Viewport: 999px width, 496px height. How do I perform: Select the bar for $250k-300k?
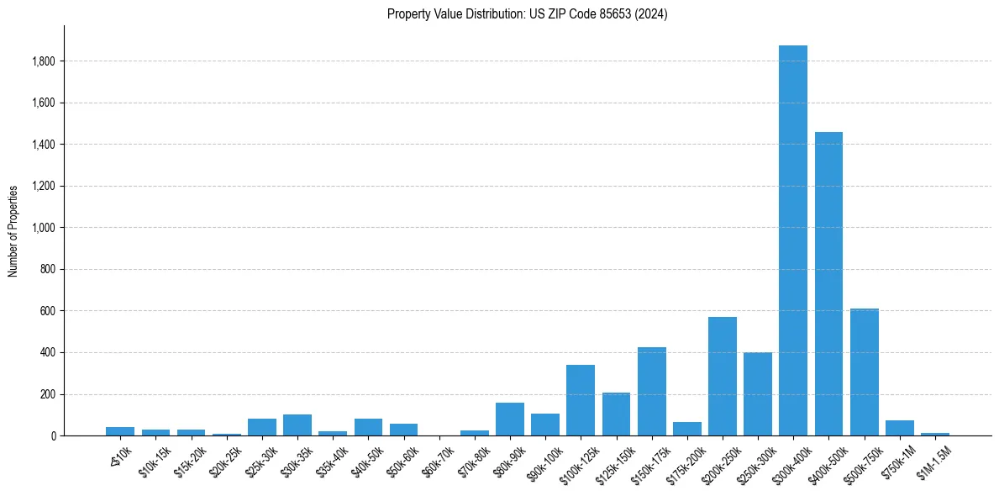point(757,394)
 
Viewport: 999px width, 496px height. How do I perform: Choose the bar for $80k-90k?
point(509,419)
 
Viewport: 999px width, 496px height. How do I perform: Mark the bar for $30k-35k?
point(297,425)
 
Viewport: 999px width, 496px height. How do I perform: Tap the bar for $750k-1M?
point(899,428)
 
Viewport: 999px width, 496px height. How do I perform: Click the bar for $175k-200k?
point(686,429)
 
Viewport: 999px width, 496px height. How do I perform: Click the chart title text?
point(527,14)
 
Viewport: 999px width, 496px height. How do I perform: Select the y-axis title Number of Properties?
point(13,231)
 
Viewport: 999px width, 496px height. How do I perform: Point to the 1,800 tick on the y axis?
point(44,61)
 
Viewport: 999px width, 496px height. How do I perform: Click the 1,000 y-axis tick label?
point(44,228)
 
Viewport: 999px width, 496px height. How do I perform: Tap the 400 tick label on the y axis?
point(48,353)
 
